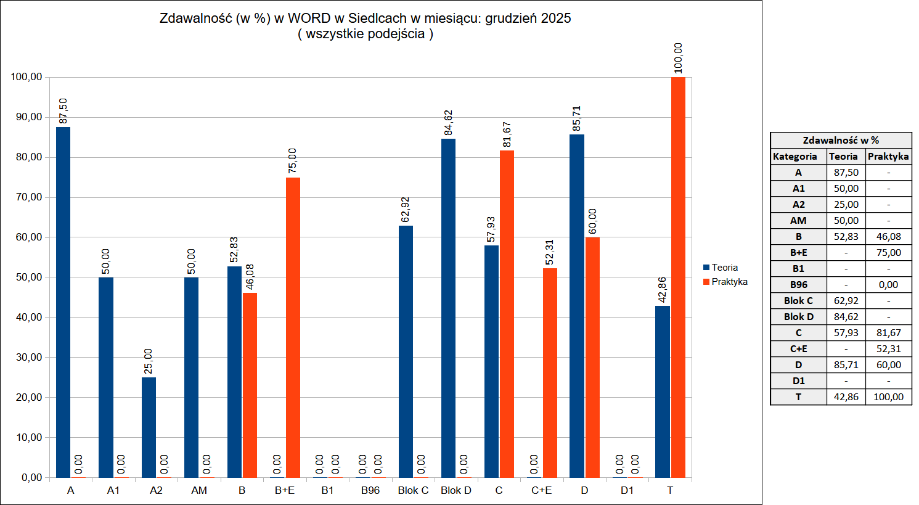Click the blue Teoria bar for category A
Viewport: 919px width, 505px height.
tap(63, 302)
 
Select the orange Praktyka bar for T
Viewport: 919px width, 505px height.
tap(678, 277)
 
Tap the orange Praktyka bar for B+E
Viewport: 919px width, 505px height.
tap(293, 327)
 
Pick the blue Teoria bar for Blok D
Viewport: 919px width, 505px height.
tap(448, 308)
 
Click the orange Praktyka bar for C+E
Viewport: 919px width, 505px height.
tap(550, 373)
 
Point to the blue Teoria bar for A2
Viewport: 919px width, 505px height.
tap(149, 427)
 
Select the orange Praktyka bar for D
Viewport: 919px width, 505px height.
tap(592, 358)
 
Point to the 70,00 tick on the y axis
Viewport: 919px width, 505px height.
tap(26, 197)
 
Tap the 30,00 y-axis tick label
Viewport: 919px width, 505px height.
tap(26, 358)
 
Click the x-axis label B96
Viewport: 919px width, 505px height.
tap(370, 490)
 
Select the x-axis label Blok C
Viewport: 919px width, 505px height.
tap(413, 490)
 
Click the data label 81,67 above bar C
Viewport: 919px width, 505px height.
tap(507, 134)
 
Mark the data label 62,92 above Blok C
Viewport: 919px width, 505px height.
tap(406, 210)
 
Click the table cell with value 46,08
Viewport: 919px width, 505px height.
tap(888, 237)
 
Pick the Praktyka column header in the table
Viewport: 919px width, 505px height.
tap(888, 157)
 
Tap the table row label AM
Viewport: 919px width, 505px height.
tap(798, 221)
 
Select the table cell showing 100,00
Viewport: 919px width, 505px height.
tap(888, 397)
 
